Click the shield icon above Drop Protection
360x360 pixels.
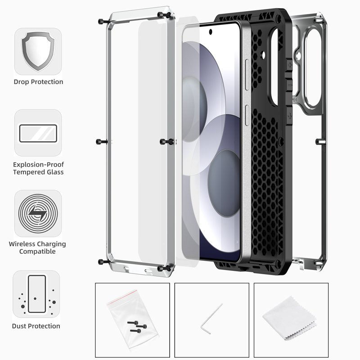tap(38, 51)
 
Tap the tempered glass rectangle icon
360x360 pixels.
tap(38, 133)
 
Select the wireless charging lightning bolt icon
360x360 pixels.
tap(38, 213)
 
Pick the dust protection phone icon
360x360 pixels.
tap(37, 294)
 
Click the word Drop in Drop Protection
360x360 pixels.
tap(21, 82)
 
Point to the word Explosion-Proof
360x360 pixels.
tap(38, 165)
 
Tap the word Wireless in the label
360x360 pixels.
tap(22, 244)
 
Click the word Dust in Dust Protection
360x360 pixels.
tap(19, 326)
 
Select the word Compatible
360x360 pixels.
tap(37, 252)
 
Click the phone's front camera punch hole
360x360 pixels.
tap(210, 32)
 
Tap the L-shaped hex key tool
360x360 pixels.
tap(211, 319)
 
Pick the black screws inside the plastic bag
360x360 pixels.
tap(137, 327)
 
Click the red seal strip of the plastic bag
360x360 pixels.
tap(122, 297)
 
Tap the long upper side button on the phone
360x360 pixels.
tap(247, 75)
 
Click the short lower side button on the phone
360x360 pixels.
tap(247, 116)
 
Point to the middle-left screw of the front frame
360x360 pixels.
tap(102, 142)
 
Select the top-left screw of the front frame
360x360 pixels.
tap(104, 22)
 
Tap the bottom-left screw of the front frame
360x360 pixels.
tap(104, 262)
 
